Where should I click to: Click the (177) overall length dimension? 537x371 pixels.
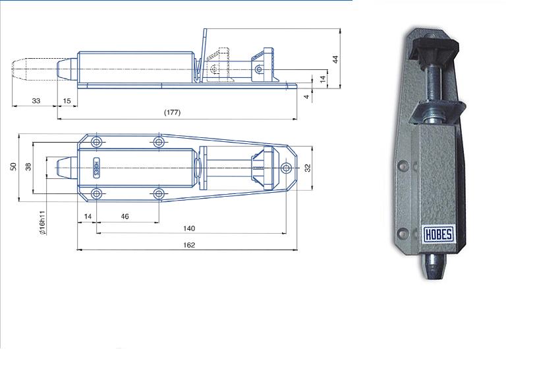point(172,113)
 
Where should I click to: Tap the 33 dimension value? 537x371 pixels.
point(36,101)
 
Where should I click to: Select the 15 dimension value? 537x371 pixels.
point(67,101)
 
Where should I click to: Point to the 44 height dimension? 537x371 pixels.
point(336,59)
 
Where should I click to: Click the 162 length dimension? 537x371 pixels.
point(189,245)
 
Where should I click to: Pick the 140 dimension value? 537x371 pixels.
point(189,228)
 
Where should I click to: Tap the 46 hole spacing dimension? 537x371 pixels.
point(125,217)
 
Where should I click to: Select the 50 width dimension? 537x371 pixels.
point(13,167)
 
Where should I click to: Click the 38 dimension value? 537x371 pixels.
point(28,167)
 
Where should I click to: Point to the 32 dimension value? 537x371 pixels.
point(308,168)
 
